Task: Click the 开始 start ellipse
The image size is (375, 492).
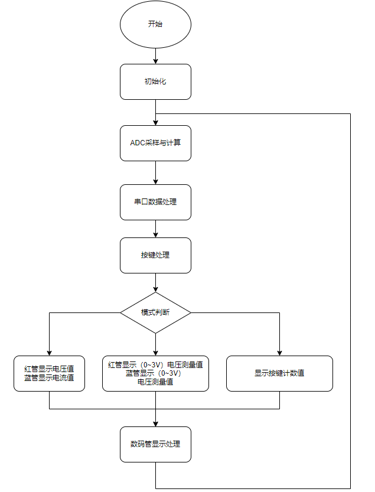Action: [155, 24]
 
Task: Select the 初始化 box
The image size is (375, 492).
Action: [155, 82]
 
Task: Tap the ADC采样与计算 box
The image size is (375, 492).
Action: [155, 143]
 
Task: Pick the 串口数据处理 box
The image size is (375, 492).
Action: [155, 202]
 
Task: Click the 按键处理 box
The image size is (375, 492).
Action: [155, 255]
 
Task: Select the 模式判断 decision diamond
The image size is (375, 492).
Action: [155, 312]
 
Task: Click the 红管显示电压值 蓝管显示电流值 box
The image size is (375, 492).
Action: [49, 373]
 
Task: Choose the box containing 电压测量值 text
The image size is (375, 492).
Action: [155, 373]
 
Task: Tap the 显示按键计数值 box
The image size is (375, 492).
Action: [279, 373]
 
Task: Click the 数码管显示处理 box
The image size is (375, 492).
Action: [155, 444]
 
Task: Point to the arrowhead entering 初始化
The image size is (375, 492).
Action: [155, 61]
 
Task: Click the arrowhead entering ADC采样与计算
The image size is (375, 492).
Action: [155, 123]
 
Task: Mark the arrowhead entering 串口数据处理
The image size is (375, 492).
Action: [155, 182]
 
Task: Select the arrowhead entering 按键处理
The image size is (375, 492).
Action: [155, 234]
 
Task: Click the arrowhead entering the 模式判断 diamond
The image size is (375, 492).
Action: [155, 289]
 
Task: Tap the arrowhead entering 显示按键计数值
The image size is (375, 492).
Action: [279, 353]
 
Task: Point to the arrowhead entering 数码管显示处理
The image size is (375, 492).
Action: [155, 424]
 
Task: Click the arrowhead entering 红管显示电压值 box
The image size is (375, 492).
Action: [49, 353]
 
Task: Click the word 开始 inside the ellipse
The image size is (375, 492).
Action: [155, 24]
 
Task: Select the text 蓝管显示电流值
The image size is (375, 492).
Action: [49, 378]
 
